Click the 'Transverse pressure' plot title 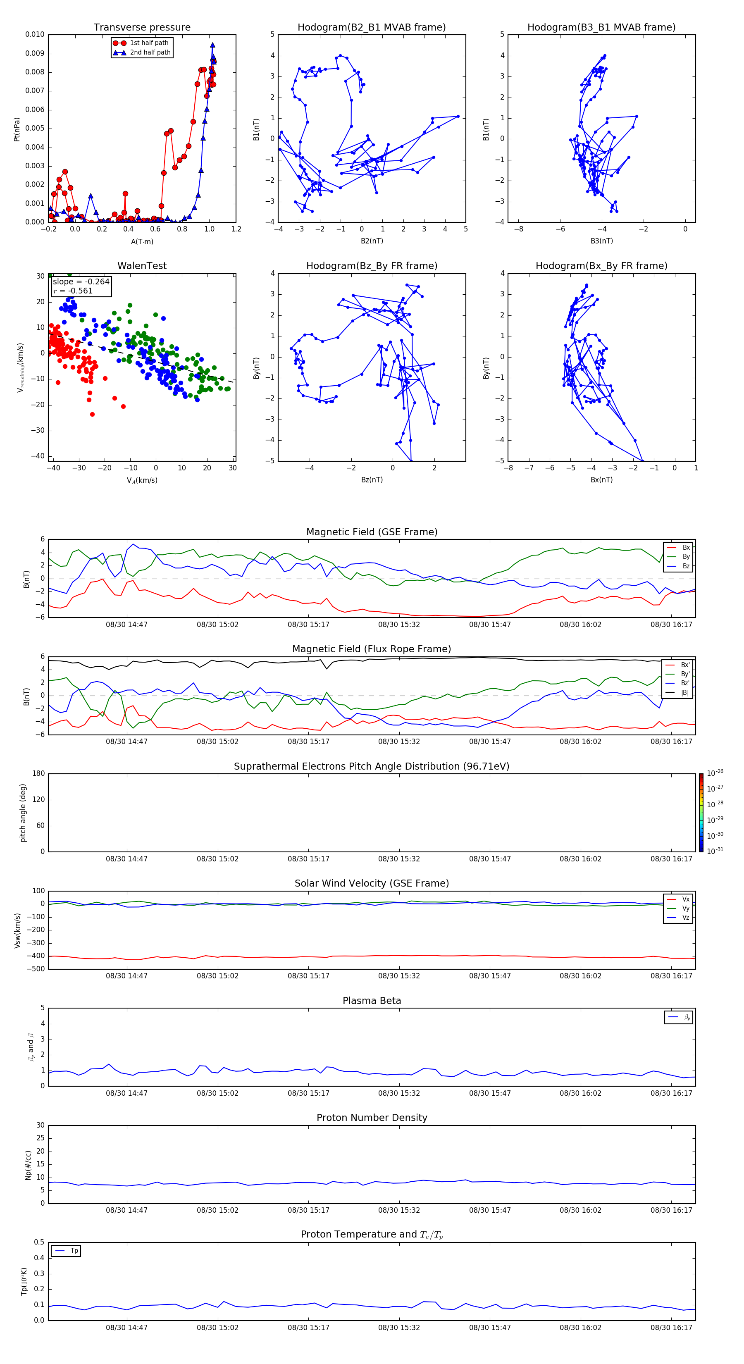pos(142,28)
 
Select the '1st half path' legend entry pos(149,43)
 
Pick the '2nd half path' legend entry pos(150,52)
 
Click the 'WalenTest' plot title pos(142,266)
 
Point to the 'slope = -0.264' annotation pos(81,282)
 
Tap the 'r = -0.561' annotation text pos(73,291)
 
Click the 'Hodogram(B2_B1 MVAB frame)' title pos(371,28)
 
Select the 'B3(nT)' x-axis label pos(601,241)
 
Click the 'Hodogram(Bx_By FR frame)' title pos(601,266)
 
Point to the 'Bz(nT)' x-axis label pos(372,480)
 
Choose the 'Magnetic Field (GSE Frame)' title pos(372,532)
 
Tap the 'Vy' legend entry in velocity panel pos(685,908)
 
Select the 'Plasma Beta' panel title pos(372,1001)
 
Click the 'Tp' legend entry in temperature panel pos(74,1251)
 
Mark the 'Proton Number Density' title pos(372,1118)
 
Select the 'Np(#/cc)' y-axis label pos(29,1165)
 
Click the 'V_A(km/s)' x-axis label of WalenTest pos(142,480)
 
